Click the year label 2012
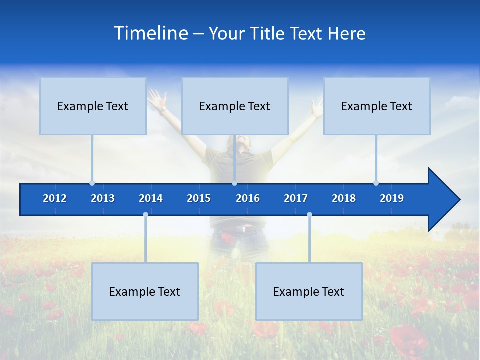(55, 198)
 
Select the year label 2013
(103, 198)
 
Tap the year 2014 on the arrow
(151, 198)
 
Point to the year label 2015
(199, 198)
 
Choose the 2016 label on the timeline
(248, 198)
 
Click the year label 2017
(296, 198)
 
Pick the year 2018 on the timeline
(344, 198)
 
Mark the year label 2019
(392, 198)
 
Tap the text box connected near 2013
(93, 106)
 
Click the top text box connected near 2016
(235, 106)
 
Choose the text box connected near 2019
(377, 106)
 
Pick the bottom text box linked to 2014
(145, 291)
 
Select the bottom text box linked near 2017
(309, 291)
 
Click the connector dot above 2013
(92, 183)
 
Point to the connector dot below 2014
(145, 214)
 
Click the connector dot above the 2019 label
(376, 183)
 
